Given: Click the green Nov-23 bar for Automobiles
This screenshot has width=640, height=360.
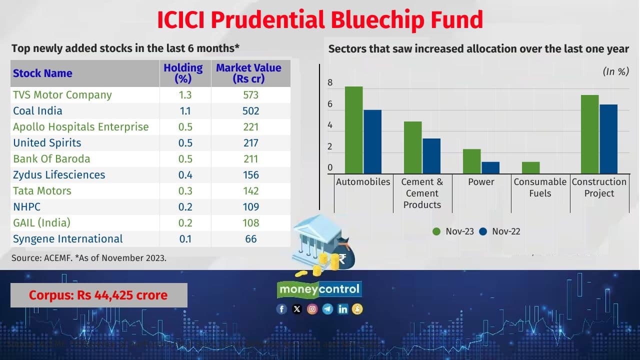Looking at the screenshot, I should click(353, 130).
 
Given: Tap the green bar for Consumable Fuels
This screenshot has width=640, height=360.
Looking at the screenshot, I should click(530, 168).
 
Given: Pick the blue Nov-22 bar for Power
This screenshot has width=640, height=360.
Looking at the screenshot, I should click(490, 168).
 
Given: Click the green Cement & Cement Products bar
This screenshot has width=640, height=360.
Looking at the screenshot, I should click(412, 147).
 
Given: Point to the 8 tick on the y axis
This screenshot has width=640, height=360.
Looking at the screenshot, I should click(330, 83).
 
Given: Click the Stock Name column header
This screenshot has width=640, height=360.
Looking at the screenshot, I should click(42, 73).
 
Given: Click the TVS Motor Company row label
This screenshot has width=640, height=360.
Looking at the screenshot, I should click(62, 95).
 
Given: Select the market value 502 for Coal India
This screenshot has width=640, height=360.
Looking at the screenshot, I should click(251, 111).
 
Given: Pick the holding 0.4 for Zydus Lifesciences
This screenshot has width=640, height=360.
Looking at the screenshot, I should click(185, 175).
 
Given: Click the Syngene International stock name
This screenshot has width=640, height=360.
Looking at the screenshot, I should click(68, 239).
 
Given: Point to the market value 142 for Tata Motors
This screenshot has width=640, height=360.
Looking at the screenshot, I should click(251, 191).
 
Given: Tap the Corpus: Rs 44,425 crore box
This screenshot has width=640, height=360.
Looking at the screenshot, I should click(98, 295).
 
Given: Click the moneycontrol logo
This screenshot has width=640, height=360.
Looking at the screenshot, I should click(319, 289).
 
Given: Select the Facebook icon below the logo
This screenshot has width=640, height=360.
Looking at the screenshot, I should click(281, 309).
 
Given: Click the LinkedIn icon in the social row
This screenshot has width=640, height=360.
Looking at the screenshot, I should click(342, 309).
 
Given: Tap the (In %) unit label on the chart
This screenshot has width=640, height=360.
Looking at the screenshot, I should click(615, 71).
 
